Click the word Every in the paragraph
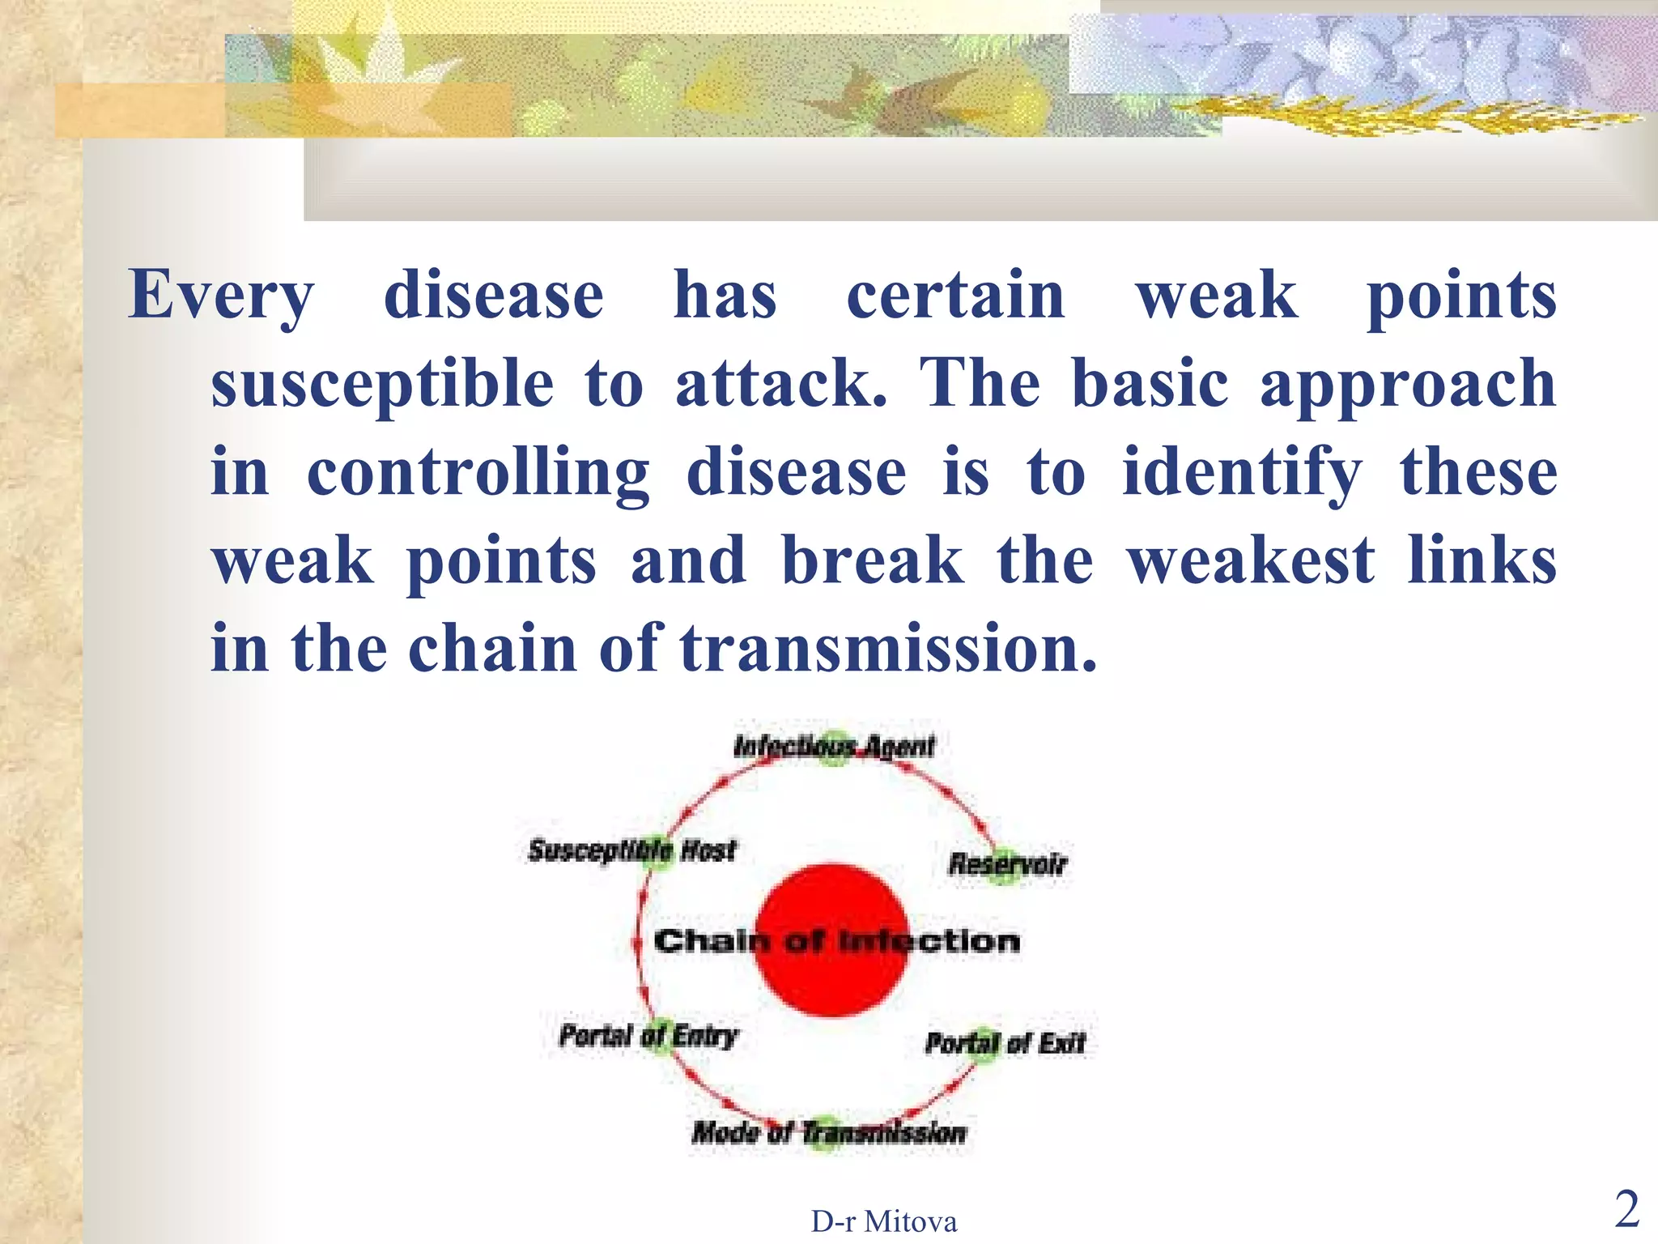(220, 296)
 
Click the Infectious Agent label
(834, 746)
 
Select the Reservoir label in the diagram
(1008, 864)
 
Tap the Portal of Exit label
(1005, 1043)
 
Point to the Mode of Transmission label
(829, 1132)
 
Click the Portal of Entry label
(648, 1035)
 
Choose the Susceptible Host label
(632, 850)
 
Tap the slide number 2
(1626, 1210)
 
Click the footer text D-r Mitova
(884, 1221)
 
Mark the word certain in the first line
(955, 296)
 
